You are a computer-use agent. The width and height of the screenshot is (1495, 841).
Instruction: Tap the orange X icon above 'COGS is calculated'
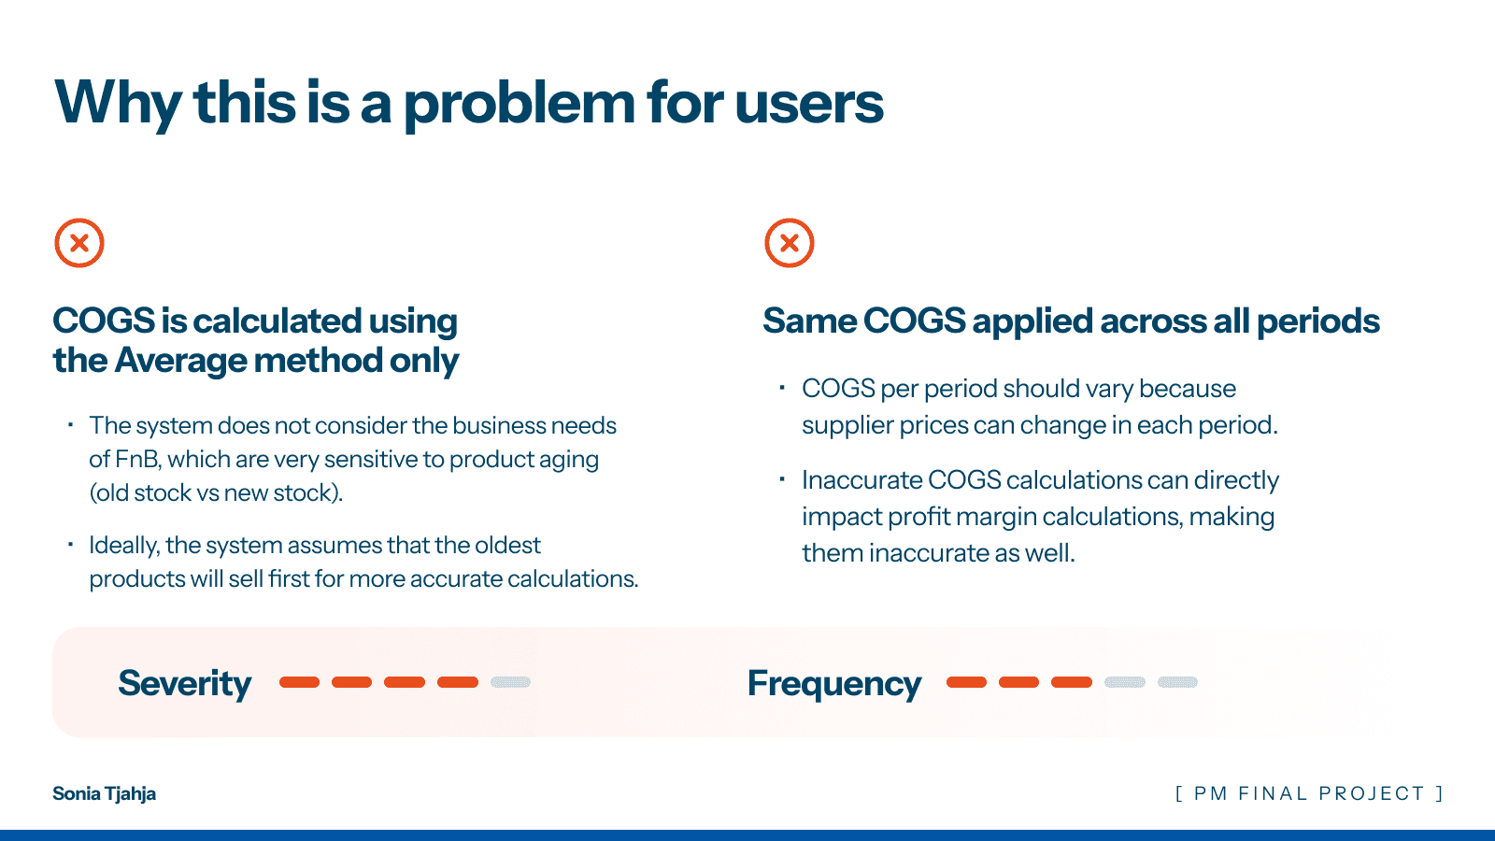[x=79, y=243]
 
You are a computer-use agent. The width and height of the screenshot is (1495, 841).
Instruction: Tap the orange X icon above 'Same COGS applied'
[x=790, y=243]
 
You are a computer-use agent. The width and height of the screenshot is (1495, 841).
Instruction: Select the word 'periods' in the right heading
[x=1318, y=322]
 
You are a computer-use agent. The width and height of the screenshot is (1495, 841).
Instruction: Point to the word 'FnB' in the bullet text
[x=136, y=459]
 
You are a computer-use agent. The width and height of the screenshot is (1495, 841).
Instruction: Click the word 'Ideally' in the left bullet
[x=123, y=546]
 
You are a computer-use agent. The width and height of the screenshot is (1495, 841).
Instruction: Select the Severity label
[x=185, y=683]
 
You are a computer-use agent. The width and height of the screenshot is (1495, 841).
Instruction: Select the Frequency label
[x=834, y=684]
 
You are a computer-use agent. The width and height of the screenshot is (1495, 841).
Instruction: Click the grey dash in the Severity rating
[x=510, y=682]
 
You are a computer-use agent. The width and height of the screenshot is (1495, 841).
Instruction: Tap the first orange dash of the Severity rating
[x=299, y=682]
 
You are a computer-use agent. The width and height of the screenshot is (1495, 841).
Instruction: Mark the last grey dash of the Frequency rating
[x=1177, y=682]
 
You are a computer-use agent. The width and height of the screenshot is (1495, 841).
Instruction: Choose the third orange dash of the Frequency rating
[x=1072, y=682]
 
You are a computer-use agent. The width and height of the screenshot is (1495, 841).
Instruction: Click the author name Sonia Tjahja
[x=104, y=793]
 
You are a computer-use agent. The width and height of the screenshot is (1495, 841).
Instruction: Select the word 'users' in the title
[x=809, y=104]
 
